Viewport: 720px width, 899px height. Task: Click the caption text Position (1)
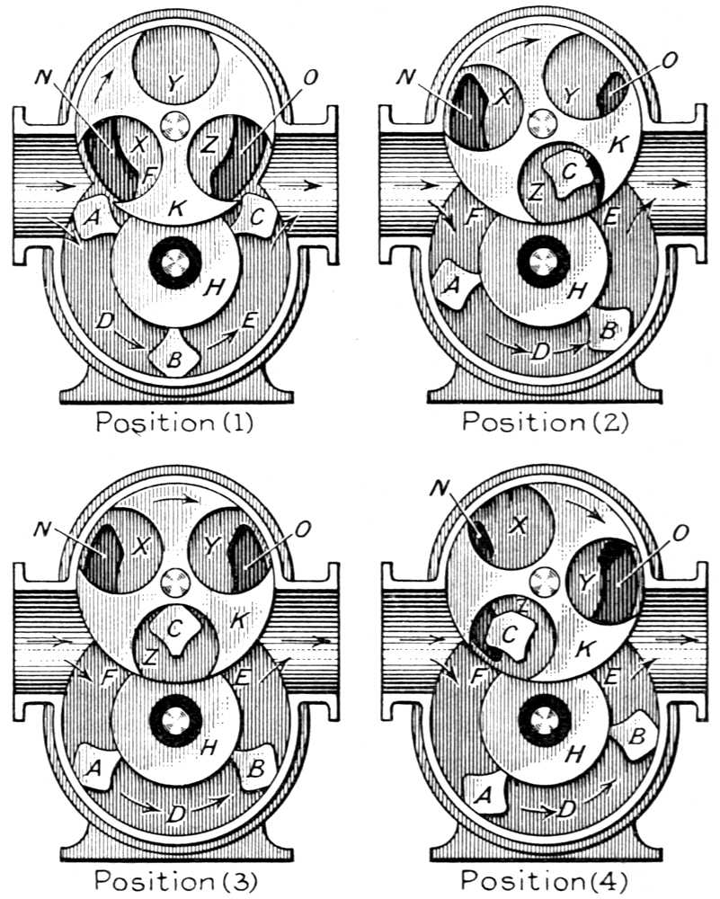(174, 423)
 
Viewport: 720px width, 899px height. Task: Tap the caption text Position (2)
(545, 422)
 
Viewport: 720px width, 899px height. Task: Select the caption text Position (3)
(176, 881)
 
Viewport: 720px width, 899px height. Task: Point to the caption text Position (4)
(544, 880)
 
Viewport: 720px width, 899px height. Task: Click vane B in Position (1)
(174, 355)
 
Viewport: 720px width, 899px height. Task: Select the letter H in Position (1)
(214, 287)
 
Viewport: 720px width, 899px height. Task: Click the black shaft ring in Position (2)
(543, 262)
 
